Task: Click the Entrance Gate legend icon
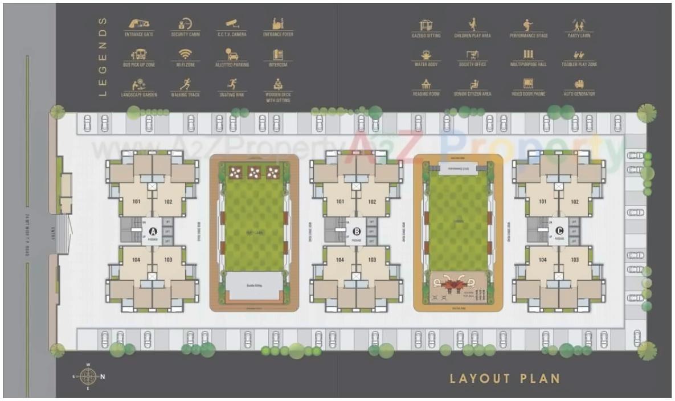[x=138, y=24]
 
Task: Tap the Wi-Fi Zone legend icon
[x=185, y=54]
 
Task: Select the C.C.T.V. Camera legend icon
[x=231, y=24]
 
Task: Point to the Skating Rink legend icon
[x=231, y=84]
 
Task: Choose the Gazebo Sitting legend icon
[x=426, y=24]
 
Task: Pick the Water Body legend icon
[x=426, y=55]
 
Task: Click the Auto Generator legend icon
[x=579, y=84]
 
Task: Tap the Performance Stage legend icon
[x=528, y=24]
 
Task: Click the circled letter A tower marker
[x=153, y=231]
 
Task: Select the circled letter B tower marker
[x=357, y=231]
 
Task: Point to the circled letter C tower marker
[x=559, y=231]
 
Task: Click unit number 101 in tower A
[x=137, y=202]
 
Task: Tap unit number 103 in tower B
[x=372, y=260]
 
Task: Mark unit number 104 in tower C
[x=543, y=260]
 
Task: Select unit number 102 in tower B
[x=372, y=202]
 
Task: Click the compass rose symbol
[x=88, y=376]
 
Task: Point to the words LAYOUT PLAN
[x=505, y=378]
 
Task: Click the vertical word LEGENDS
[x=103, y=56]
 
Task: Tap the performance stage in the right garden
[x=458, y=169]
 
